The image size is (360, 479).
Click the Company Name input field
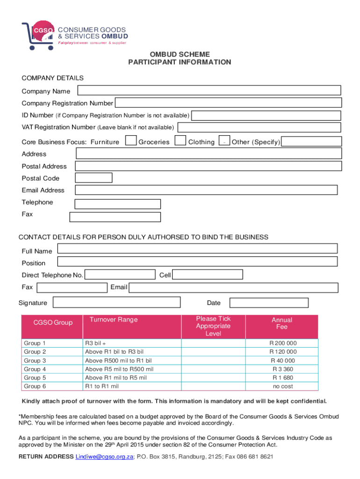(209, 91)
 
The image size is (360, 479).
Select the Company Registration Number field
(228, 103)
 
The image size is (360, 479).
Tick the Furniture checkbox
(131, 141)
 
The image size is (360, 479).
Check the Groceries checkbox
(180, 141)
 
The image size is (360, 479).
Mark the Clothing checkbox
(224, 141)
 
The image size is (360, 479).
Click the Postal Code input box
(94, 178)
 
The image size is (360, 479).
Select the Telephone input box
(118, 204)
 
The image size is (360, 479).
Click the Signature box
(116, 303)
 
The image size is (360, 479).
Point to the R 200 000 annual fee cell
(282, 343)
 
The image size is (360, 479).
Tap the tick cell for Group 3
(213, 361)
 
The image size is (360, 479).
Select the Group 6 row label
(35, 386)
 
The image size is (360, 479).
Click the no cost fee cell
(282, 386)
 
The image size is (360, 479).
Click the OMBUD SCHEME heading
(180, 54)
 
